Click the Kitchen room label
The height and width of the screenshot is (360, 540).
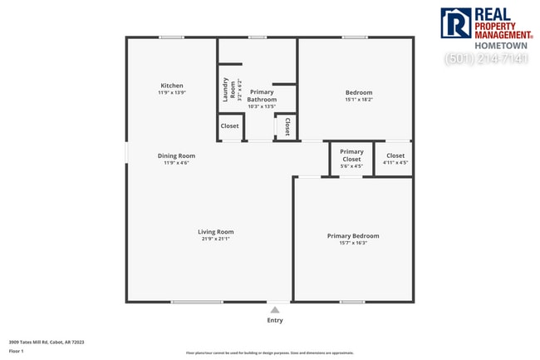point(172,86)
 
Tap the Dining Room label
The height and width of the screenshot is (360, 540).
point(176,155)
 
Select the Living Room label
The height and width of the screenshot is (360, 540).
point(215,232)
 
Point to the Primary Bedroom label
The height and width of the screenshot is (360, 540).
point(353,236)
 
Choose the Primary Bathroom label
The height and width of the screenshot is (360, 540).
point(262,96)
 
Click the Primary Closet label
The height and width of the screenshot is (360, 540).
point(351,155)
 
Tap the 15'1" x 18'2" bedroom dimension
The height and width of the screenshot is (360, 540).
point(359,100)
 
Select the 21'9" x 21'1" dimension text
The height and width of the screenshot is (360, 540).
point(215,239)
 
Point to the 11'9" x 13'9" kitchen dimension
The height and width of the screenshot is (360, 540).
point(172,92)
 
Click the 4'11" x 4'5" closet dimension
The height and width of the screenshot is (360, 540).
point(395,163)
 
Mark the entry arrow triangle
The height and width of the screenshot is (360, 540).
point(275,309)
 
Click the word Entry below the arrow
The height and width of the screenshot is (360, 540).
point(275,320)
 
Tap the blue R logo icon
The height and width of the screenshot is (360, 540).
point(455,24)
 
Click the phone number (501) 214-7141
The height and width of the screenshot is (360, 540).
point(486,59)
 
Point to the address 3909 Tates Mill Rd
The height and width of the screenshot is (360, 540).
point(47,342)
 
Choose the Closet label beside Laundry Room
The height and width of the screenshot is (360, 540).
point(230,126)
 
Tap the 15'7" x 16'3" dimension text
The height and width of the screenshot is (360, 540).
point(353,243)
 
